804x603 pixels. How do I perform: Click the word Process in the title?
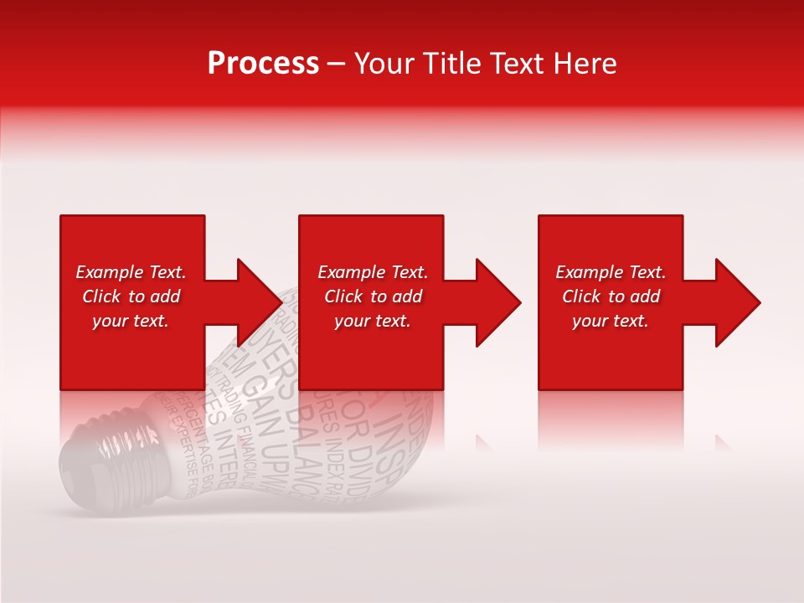pos(263,64)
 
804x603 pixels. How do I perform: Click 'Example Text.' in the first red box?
pos(131,272)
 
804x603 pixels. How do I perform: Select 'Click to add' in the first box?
pos(131,296)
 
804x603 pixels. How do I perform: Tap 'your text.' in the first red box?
pos(131,321)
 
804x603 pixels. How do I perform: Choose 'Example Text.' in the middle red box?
pos(373,272)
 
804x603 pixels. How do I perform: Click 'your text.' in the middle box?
pos(373,321)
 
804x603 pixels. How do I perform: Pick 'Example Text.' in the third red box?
pos(611,272)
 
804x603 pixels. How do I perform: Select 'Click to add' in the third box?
pos(611,296)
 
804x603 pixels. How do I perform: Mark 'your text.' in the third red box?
pos(611,321)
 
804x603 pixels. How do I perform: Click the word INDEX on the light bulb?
pos(335,443)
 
